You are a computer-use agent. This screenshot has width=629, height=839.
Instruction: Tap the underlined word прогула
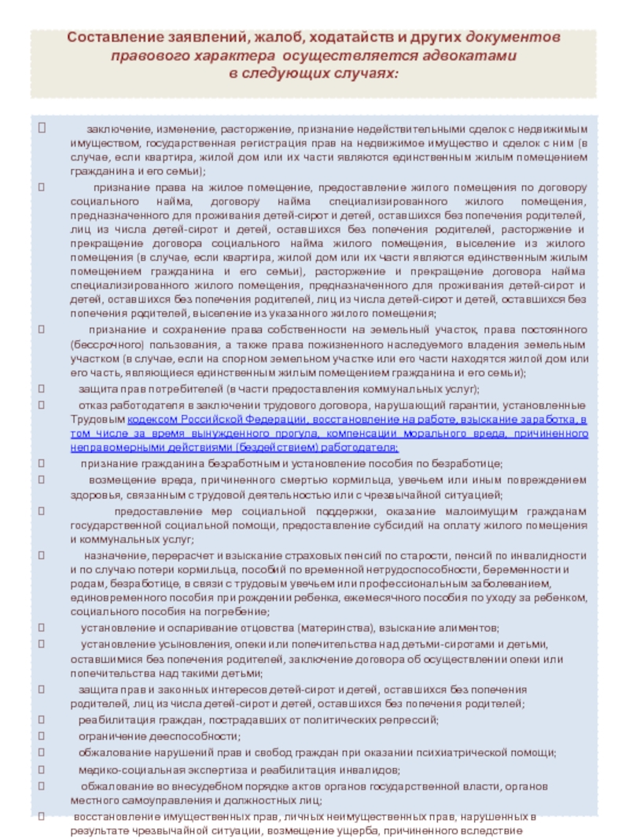coord(293,433)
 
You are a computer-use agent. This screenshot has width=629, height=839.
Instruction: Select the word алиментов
coord(466,628)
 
